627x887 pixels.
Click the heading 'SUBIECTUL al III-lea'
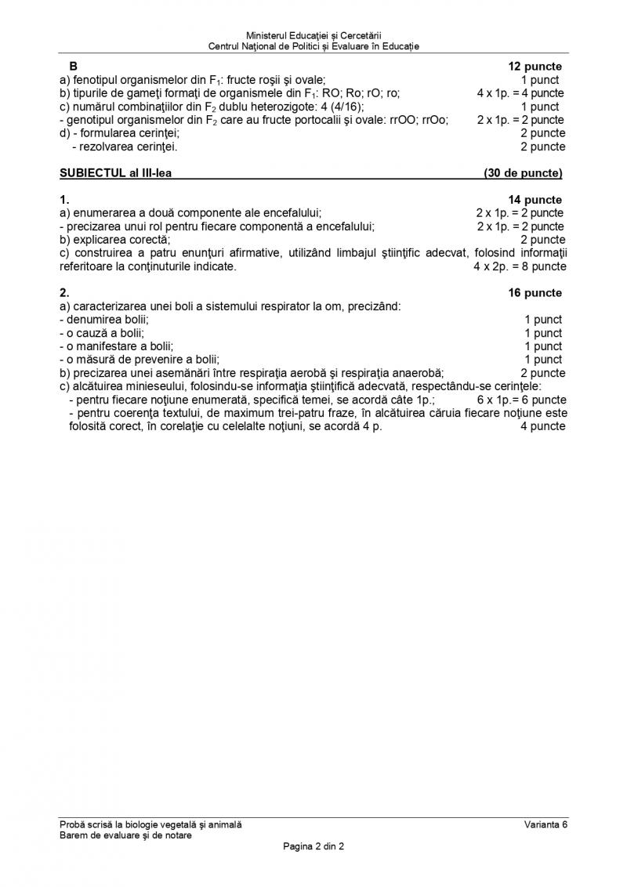point(116,173)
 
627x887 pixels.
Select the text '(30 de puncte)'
point(523,173)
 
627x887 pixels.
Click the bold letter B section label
point(74,67)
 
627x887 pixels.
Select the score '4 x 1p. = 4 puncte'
point(520,93)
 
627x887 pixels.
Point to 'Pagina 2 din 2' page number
point(313,846)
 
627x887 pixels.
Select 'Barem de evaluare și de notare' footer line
point(125,835)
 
